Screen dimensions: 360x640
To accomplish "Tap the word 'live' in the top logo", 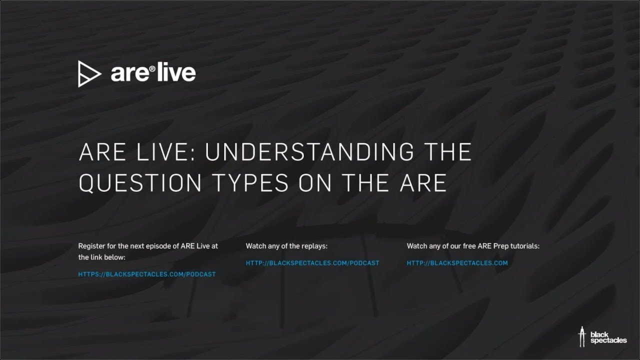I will pos(175,73).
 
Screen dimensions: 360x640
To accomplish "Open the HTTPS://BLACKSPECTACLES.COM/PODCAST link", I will pos(147,274).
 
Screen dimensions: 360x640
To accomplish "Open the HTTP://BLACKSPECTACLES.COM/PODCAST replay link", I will pos(312,263).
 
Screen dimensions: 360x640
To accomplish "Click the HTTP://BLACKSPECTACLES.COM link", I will pos(457,263).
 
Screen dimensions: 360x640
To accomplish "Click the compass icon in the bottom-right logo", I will pos(582,336).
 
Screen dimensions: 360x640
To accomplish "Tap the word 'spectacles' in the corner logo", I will pos(608,341).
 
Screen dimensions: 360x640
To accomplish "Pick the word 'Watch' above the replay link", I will pos(255,246).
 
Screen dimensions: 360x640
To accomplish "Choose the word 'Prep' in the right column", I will pos(496,246).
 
